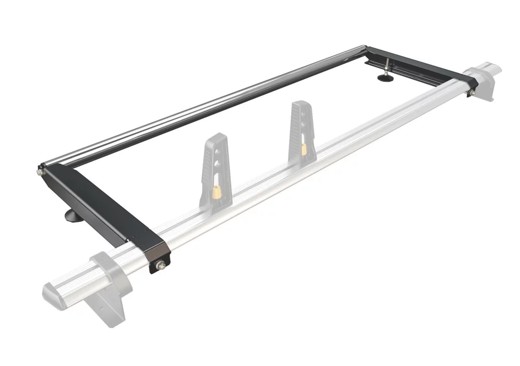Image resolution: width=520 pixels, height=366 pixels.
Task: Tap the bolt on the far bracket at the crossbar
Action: pos(473,92)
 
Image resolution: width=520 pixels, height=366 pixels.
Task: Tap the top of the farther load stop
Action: pos(298,104)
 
